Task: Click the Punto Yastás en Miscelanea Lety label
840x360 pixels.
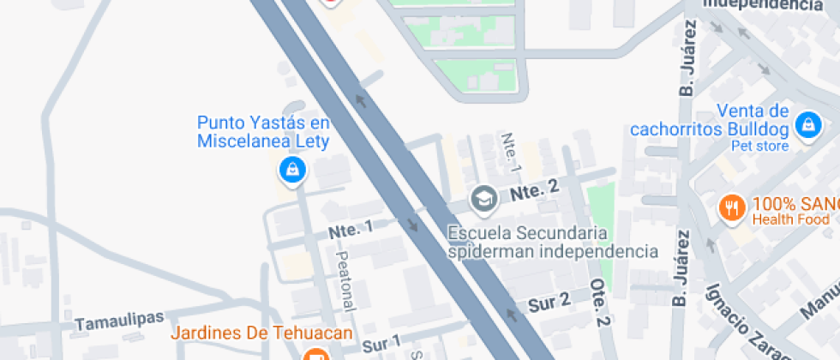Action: [263, 132]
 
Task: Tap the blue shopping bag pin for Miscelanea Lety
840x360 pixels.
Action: [292, 171]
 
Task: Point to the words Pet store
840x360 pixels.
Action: [759, 146]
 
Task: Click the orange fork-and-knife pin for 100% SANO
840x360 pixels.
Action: [731, 207]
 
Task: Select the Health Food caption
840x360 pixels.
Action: [789, 220]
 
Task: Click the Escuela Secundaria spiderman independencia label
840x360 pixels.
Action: [553, 243]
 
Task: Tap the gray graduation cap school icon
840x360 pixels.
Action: [483, 200]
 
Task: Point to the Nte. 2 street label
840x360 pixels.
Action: [535, 191]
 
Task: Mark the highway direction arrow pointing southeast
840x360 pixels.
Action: [414, 225]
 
